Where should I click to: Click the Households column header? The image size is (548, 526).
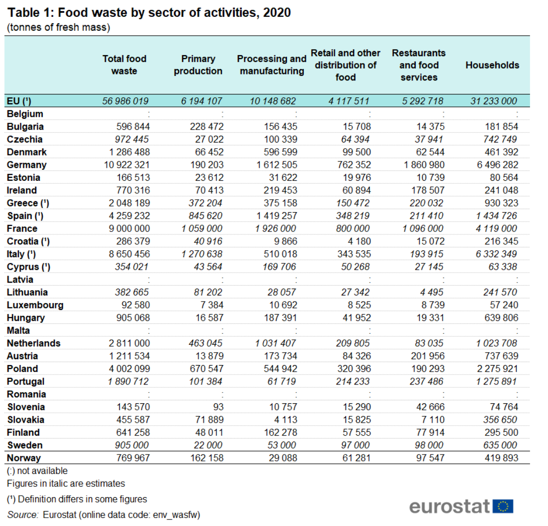492,65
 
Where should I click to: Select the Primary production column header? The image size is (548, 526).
198,65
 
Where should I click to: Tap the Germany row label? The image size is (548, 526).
27,165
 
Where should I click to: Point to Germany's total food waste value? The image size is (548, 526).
125,165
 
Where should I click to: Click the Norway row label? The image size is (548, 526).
24,458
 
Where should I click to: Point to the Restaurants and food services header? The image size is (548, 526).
419,65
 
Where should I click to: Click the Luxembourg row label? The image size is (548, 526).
35,305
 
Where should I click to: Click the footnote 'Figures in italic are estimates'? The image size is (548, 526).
66,483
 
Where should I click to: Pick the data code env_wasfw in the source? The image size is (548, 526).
179,515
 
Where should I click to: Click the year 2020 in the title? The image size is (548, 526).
277,12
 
